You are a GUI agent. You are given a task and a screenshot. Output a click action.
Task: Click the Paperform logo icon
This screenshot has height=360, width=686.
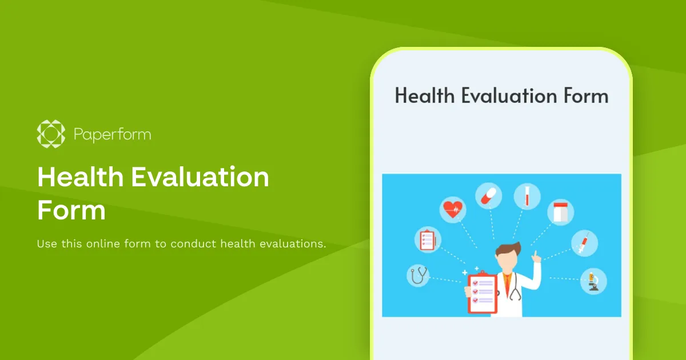(51, 134)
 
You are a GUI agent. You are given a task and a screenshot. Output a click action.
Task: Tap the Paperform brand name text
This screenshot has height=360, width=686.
(113, 135)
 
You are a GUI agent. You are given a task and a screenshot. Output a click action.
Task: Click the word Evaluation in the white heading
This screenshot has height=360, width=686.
(200, 178)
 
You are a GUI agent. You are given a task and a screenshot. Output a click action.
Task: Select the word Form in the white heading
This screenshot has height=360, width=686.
(71, 210)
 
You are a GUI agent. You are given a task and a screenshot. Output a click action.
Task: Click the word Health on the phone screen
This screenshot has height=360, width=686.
(425, 95)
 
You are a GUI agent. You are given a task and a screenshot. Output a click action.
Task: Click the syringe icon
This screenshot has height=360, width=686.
(584, 243)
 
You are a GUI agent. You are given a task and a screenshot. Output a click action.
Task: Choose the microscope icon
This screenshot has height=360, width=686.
(593, 281)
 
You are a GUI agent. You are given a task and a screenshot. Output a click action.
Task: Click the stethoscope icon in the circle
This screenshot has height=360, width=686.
(418, 276)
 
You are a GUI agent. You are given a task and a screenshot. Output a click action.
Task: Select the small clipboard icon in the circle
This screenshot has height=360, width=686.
(427, 239)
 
